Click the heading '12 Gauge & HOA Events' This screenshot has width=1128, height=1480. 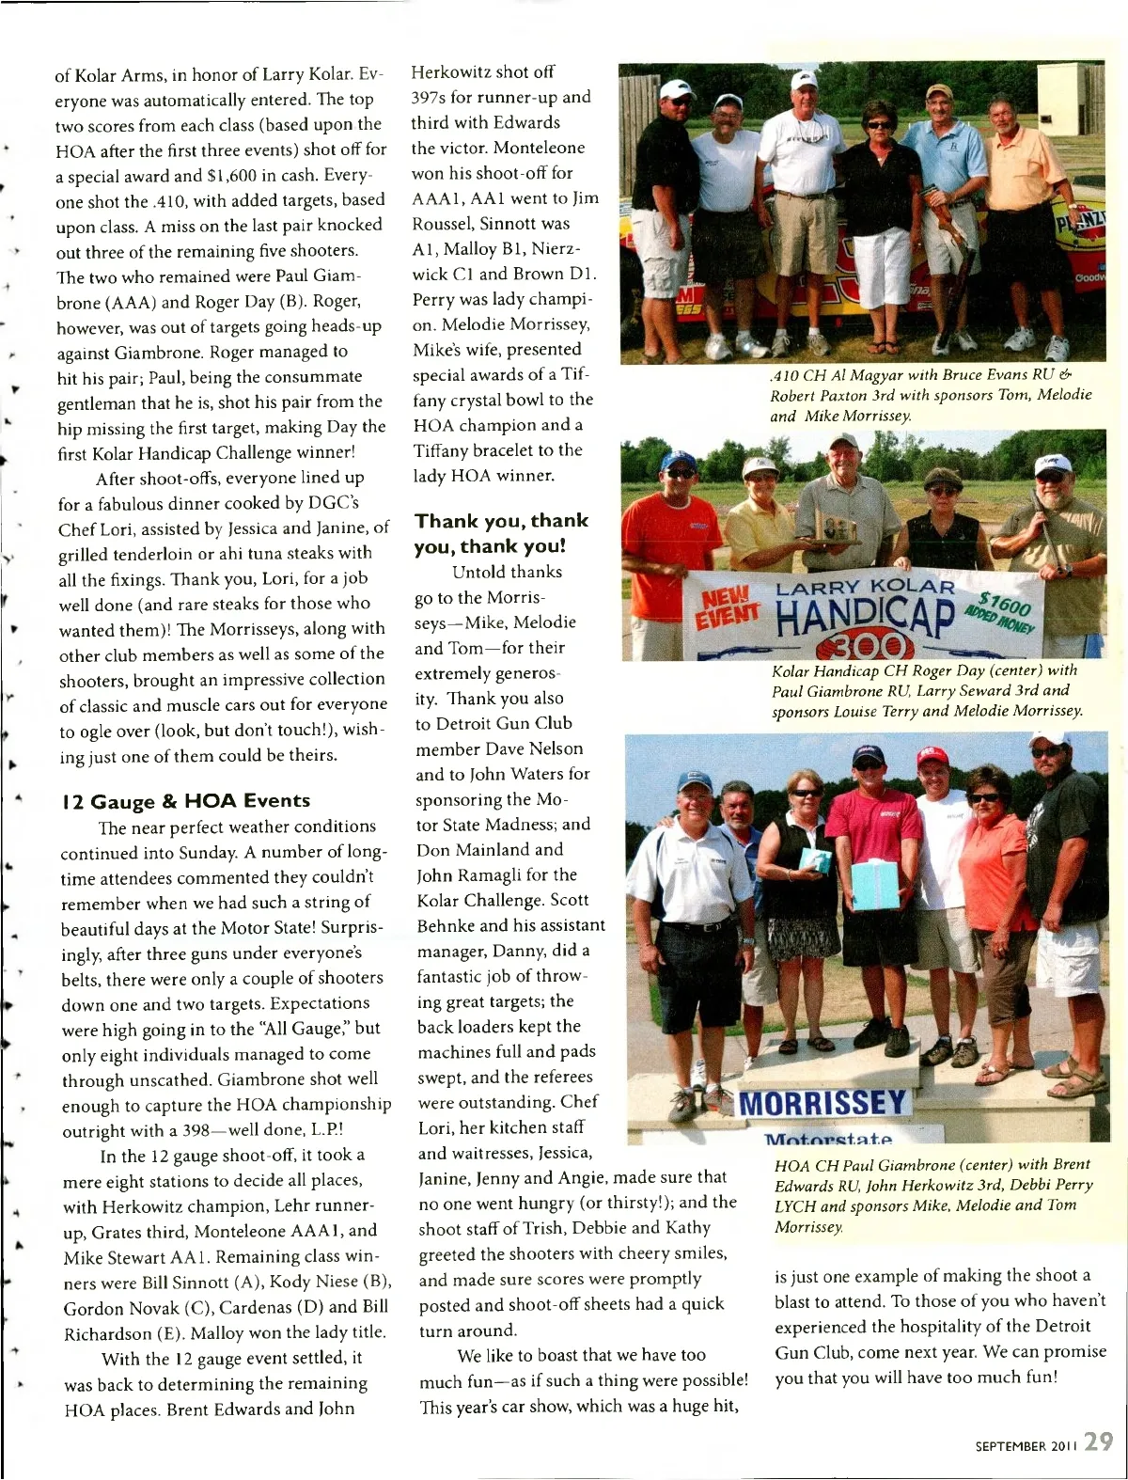[x=185, y=801]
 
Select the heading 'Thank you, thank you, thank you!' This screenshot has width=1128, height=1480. [x=501, y=533]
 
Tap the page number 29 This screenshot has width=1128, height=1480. [x=1098, y=1441]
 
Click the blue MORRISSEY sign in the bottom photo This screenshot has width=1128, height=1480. [x=822, y=1103]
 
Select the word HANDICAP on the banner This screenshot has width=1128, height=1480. [x=864, y=617]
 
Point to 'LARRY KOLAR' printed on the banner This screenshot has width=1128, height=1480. [x=864, y=587]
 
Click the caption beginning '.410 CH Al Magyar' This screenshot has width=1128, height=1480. [x=930, y=395]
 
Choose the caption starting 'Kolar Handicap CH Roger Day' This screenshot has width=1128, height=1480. [x=926, y=691]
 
